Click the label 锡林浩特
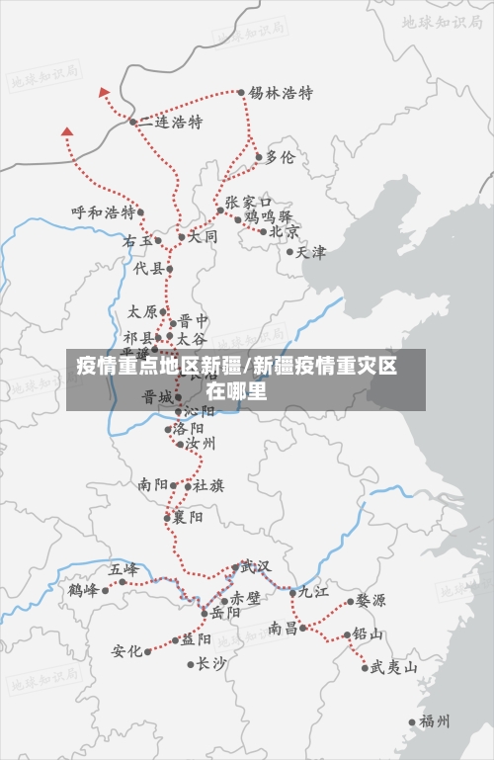pyautogui.click(x=281, y=93)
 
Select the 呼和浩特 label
pyautogui.click(x=102, y=211)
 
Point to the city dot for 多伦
pyautogui.click(x=259, y=156)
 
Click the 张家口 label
pyautogui.click(x=248, y=202)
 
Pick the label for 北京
pyautogui.click(x=285, y=231)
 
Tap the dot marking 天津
pyautogui.click(x=289, y=251)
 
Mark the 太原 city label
pyautogui.click(x=142, y=311)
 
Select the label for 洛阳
pyautogui.click(x=189, y=429)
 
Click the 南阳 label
pyautogui.click(x=153, y=485)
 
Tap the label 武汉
pyautogui.click(x=255, y=566)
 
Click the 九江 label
pyautogui.click(x=314, y=592)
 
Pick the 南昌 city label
pyautogui.click(x=283, y=628)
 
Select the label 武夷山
pyautogui.click(x=393, y=667)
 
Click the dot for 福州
pyautogui.click(x=412, y=721)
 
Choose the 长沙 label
pyautogui.click(x=211, y=663)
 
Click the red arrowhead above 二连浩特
pyautogui.click(x=105, y=92)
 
